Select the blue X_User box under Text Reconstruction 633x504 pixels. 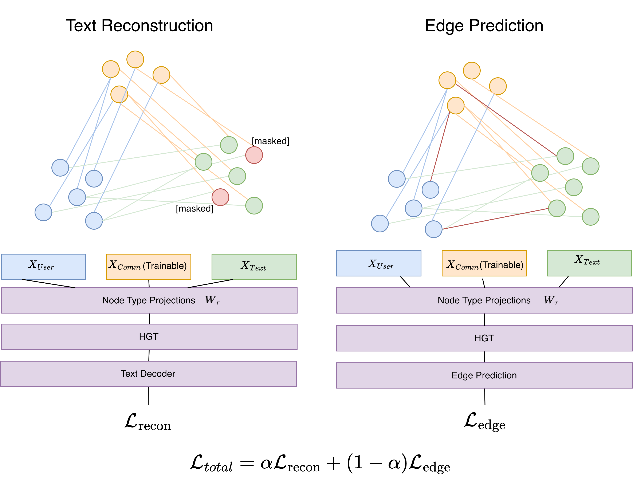[43, 267]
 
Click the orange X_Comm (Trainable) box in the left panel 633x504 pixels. [149, 267]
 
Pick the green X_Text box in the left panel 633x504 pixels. [254, 267]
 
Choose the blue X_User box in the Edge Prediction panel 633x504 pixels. [379, 263]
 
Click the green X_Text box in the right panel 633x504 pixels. [589, 263]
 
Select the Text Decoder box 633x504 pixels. [148, 374]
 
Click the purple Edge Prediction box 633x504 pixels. [484, 375]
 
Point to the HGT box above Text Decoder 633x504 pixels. [149, 337]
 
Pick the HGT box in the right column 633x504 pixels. [484, 338]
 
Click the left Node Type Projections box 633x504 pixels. [149, 300]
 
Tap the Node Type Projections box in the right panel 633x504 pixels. [484, 300]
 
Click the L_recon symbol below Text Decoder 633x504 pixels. [148, 423]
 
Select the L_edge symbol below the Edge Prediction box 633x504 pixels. [485, 422]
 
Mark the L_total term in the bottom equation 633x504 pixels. [211, 464]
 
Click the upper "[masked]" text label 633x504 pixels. [270, 141]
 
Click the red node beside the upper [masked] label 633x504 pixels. [254, 155]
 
